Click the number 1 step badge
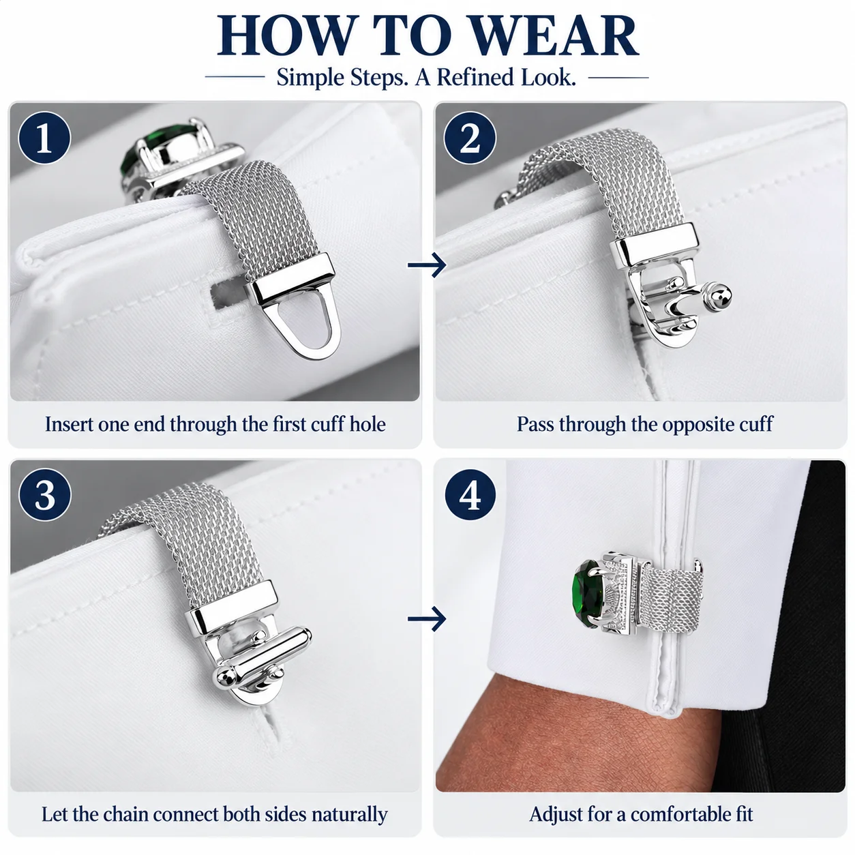pos(44,138)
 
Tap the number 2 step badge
pos(470,138)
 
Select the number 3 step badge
pos(45,494)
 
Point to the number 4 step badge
pos(470,494)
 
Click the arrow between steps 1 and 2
pos(427,265)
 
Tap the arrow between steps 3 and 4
pos(427,618)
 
